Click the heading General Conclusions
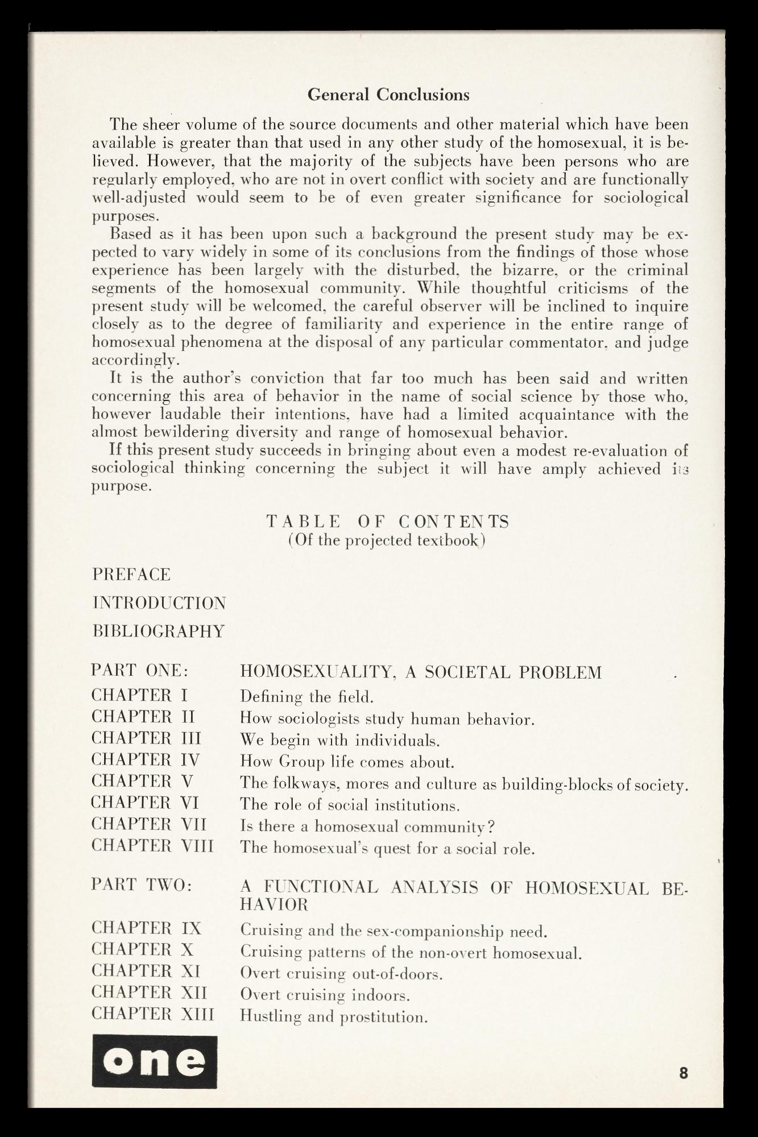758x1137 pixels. pyautogui.click(x=388, y=94)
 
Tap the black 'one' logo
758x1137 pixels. pyautogui.click(x=154, y=1061)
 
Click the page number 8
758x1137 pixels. pyautogui.click(x=684, y=1073)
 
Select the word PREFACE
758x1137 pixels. pyautogui.click(x=131, y=574)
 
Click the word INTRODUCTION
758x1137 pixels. pyautogui.click(x=159, y=603)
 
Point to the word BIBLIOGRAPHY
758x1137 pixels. pyautogui.click(x=159, y=631)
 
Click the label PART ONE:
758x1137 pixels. pyautogui.click(x=139, y=671)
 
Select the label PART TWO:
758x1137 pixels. pyautogui.click(x=142, y=885)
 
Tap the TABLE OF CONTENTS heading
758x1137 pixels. pyautogui.click(x=388, y=522)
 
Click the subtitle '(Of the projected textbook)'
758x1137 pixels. pyautogui.click(x=387, y=540)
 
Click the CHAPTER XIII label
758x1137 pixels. pyautogui.click(x=153, y=1014)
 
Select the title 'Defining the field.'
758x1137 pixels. pyautogui.click(x=306, y=697)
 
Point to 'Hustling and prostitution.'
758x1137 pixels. pyautogui.click(x=334, y=1016)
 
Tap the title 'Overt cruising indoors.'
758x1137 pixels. pyautogui.click(x=325, y=995)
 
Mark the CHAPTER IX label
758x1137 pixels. pyautogui.click(x=146, y=928)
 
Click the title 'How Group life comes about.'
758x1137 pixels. pyautogui.click(x=347, y=762)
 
